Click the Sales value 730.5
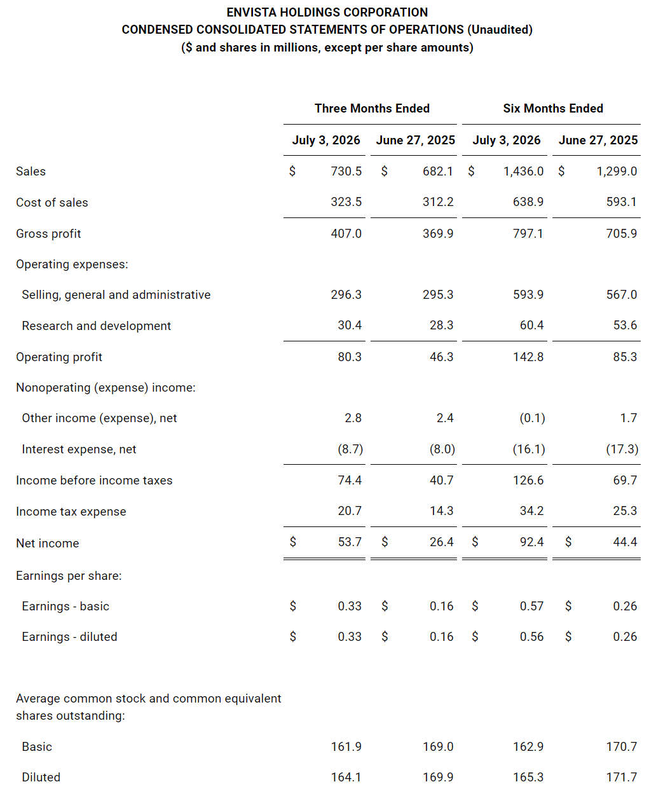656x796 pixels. [x=346, y=171]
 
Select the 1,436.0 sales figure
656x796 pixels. [x=523, y=171]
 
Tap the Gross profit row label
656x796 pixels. [x=48, y=233]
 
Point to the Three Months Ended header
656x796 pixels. [x=372, y=108]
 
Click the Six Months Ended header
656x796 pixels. [x=552, y=108]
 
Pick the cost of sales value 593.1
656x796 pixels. [x=621, y=202]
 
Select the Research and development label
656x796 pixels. [x=97, y=326]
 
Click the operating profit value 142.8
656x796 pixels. [x=528, y=357]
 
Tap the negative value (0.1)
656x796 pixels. [x=532, y=418]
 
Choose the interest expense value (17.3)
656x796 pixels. [x=622, y=449]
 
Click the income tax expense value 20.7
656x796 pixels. [x=350, y=511]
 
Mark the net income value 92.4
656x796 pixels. [x=532, y=542]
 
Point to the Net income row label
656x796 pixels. [x=48, y=543]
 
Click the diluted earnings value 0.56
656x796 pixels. [x=532, y=636]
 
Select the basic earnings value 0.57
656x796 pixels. [x=532, y=606]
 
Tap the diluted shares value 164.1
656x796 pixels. [x=346, y=777]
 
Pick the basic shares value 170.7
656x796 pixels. [x=621, y=746]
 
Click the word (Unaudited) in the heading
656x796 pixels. [x=500, y=30]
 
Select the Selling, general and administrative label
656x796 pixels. [x=116, y=295]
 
